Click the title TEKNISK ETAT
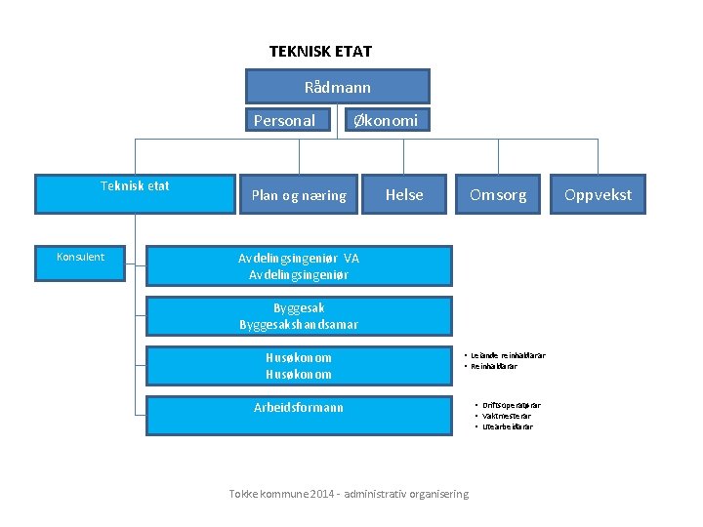(x=320, y=51)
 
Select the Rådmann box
(x=337, y=87)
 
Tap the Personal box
(x=284, y=121)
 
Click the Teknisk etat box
(x=134, y=193)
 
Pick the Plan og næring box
(x=299, y=195)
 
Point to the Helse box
(x=404, y=195)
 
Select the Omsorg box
(x=497, y=195)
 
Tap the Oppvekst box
(x=598, y=195)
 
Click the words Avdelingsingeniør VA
(x=299, y=259)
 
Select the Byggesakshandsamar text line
(x=299, y=324)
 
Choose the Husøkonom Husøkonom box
(x=299, y=366)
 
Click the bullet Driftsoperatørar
(x=511, y=405)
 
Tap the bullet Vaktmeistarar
(x=511, y=416)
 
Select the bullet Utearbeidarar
(x=508, y=426)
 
